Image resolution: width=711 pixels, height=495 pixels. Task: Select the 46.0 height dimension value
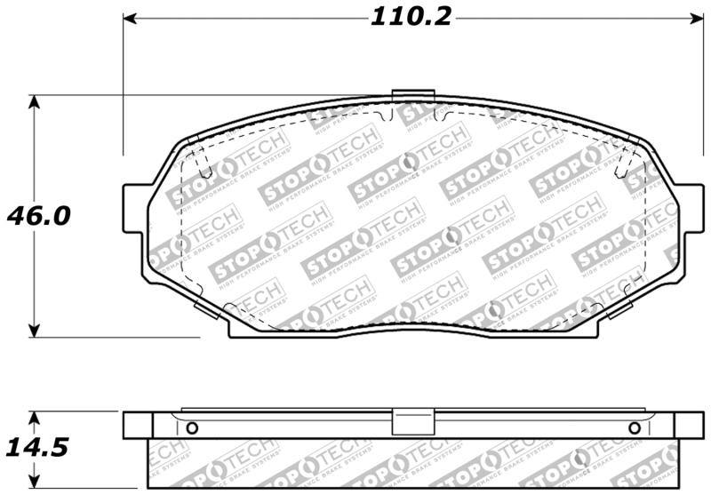click(38, 216)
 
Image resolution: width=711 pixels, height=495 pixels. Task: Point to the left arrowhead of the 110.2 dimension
click(129, 17)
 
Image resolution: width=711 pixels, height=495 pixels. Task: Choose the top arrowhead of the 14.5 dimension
click(34, 418)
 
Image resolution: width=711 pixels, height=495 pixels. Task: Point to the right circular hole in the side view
click(634, 428)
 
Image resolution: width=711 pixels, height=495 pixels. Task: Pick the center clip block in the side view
click(412, 423)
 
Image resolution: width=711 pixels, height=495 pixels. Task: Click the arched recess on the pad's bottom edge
click(412, 327)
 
